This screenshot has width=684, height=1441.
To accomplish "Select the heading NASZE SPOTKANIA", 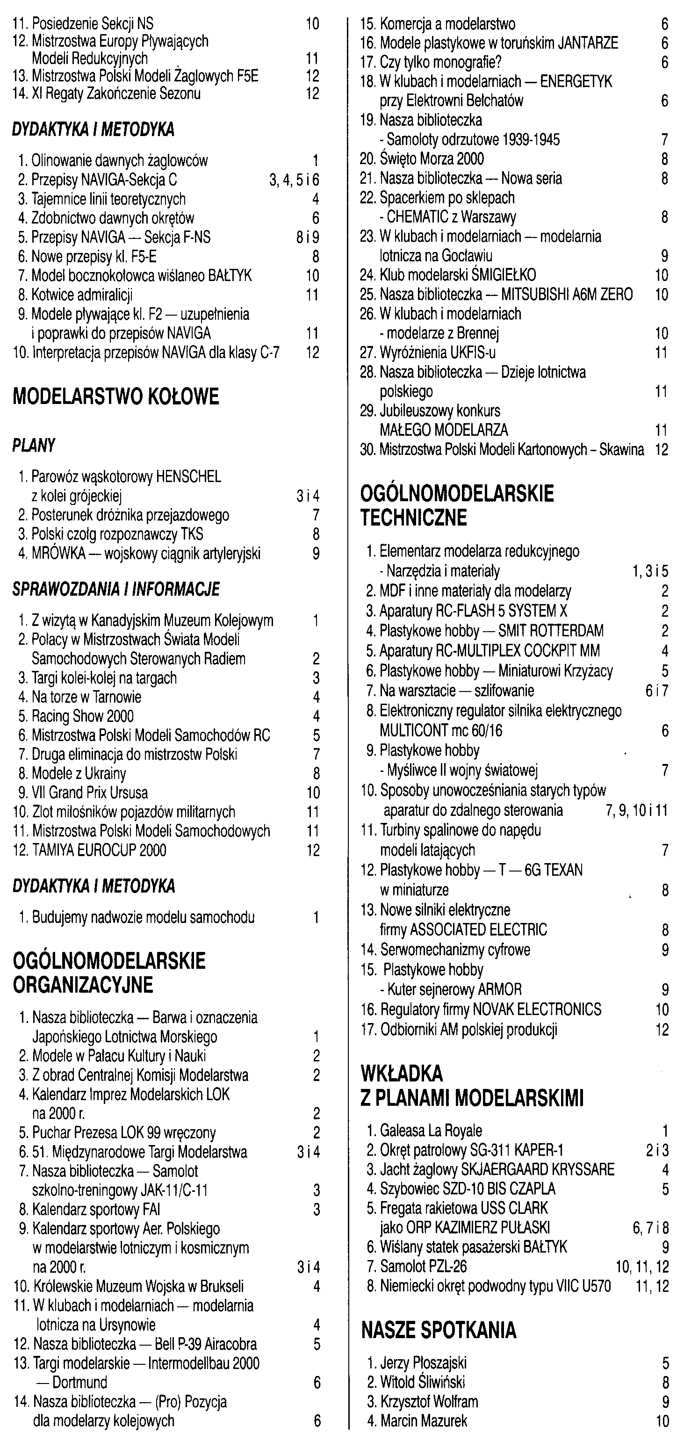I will [x=439, y=1330].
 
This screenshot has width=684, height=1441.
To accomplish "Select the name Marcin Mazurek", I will [x=424, y=1420].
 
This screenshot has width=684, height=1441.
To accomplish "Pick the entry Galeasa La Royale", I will [x=431, y=1131].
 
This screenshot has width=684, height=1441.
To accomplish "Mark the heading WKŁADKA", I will [x=402, y=1074].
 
